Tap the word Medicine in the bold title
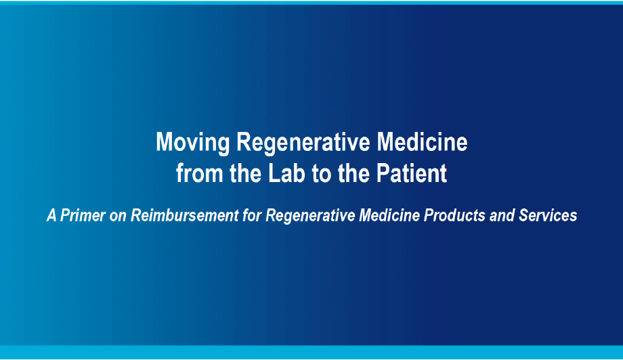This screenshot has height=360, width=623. point(423,141)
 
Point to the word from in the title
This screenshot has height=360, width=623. point(200,173)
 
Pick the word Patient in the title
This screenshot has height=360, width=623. point(412,173)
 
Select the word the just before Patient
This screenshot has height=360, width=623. point(353,173)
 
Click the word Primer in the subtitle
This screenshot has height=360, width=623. point(83,215)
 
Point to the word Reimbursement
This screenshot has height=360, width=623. point(185,215)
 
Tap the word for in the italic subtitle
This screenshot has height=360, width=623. point(253,215)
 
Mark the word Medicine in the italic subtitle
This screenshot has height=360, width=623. point(389,215)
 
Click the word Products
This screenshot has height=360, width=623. point(454,215)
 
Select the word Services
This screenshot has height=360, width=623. point(548,215)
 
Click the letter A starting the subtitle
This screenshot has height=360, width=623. point(51,215)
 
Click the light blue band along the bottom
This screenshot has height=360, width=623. point(311,352)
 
